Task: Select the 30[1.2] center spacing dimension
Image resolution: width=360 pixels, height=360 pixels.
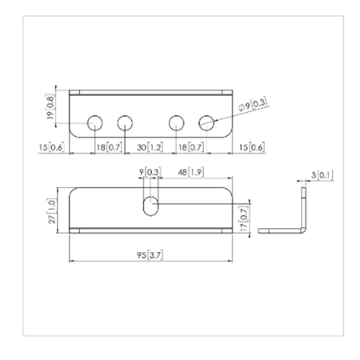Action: coord(150,148)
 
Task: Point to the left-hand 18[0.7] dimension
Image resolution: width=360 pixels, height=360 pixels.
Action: coord(109,148)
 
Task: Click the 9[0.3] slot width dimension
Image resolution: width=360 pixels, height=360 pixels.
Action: coord(150,172)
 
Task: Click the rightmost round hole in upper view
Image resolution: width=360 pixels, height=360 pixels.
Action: coord(206,122)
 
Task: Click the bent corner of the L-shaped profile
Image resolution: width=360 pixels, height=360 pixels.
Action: coord(302,229)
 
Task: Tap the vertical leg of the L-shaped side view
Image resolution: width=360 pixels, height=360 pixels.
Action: coord(304,208)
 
